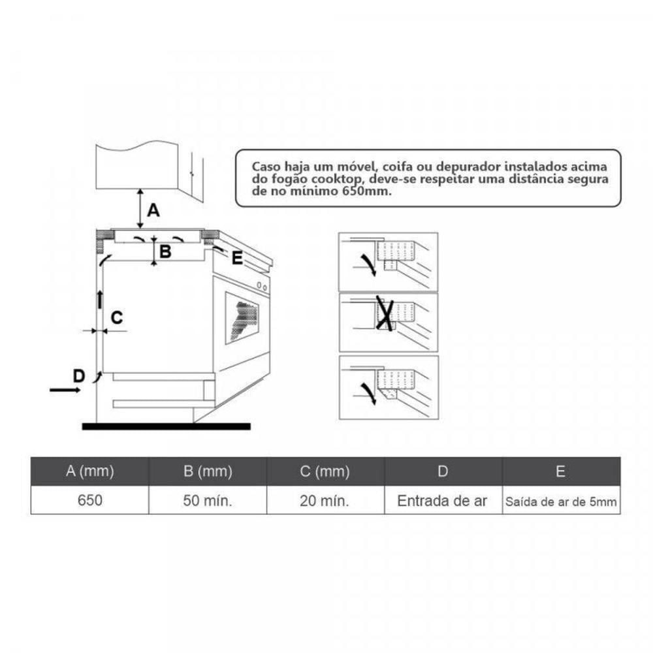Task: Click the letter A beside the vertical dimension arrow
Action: (153, 210)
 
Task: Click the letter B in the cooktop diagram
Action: (165, 251)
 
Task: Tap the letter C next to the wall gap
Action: (117, 318)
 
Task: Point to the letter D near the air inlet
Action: (79, 375)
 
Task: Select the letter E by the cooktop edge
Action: (237, 258)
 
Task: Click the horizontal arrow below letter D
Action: (65, 390)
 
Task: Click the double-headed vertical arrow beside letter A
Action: (140, 208)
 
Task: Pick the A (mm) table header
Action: (90, 471)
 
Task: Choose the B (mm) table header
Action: (208, 471)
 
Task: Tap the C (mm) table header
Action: (325, 471)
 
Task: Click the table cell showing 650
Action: (90, 500)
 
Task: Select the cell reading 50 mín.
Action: (208, 500)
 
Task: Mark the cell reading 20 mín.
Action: (325, 500)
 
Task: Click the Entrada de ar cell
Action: (442, 501)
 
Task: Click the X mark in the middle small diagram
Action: (385, 313)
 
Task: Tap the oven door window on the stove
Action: (242, 318)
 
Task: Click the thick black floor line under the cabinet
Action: (166, 426)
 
